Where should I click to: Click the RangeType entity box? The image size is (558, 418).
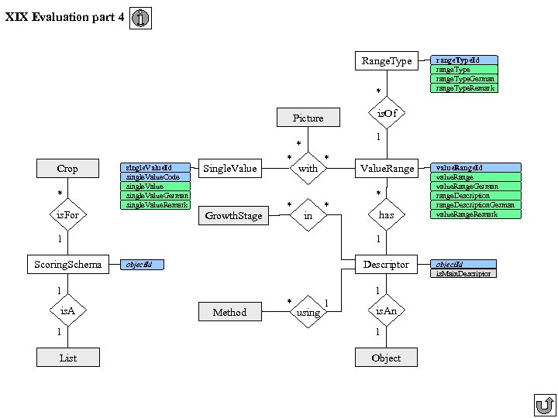click(x=387, y=60)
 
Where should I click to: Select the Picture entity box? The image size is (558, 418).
click(x=308, y=118)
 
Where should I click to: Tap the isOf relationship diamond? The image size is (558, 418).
click(x=387, y=115)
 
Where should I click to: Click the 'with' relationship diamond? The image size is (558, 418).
click(x=308, y=168)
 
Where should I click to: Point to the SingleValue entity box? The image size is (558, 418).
click(x=229, y=168)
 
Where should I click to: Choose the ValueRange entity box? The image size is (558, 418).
click(x=387, y=168)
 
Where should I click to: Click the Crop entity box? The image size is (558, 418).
click(x=67, y=168)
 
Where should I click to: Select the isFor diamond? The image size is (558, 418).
click(x=67, y=215)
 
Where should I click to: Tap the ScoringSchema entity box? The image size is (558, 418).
click(x=67, y=264)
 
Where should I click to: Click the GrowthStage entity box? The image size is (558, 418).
click(x=233, y=216)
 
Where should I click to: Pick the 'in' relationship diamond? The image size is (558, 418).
click(x=308, y=215)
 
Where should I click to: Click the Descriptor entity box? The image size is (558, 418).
click(x=386, y=264)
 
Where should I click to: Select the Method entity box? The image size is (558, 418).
click(x=229, y=312)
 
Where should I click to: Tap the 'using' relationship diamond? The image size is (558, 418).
click(x=308, y=312)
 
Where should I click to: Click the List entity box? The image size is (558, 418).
click(x=67, y=357)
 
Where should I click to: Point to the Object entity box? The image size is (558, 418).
click(x=386, y=357)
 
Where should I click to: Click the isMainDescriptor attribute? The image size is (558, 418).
click(x=463, y=273)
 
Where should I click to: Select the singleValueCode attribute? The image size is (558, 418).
click(x=156, y=177)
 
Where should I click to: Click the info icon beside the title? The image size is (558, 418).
click(x=140, y=19)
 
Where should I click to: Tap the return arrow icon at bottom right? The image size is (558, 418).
click(x=545, y=405)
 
